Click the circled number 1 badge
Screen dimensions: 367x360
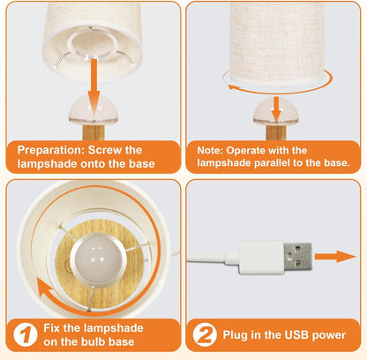[x=26, y=334]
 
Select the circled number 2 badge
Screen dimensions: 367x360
[x=205, y=334]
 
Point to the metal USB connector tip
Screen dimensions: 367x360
[x=297, y=258]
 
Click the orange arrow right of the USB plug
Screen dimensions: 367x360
[x=335, y=257]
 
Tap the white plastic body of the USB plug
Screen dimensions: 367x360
[x=261, y=258]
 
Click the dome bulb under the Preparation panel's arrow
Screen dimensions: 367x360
[x=94, y=110]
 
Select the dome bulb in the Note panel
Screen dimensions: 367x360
[x=276, y=111]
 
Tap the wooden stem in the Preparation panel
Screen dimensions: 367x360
[x=94, y=132]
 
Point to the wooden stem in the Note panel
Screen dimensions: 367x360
[x=276, y=132]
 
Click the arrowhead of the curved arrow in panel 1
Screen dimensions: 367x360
[x=45, y=289]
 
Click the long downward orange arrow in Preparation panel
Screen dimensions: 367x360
[x=94, y=87]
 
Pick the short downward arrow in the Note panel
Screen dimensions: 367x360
[x=276, y=109]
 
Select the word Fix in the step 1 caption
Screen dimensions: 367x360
[x=52, y=328]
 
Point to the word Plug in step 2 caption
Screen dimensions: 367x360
[x=235, y=335]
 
